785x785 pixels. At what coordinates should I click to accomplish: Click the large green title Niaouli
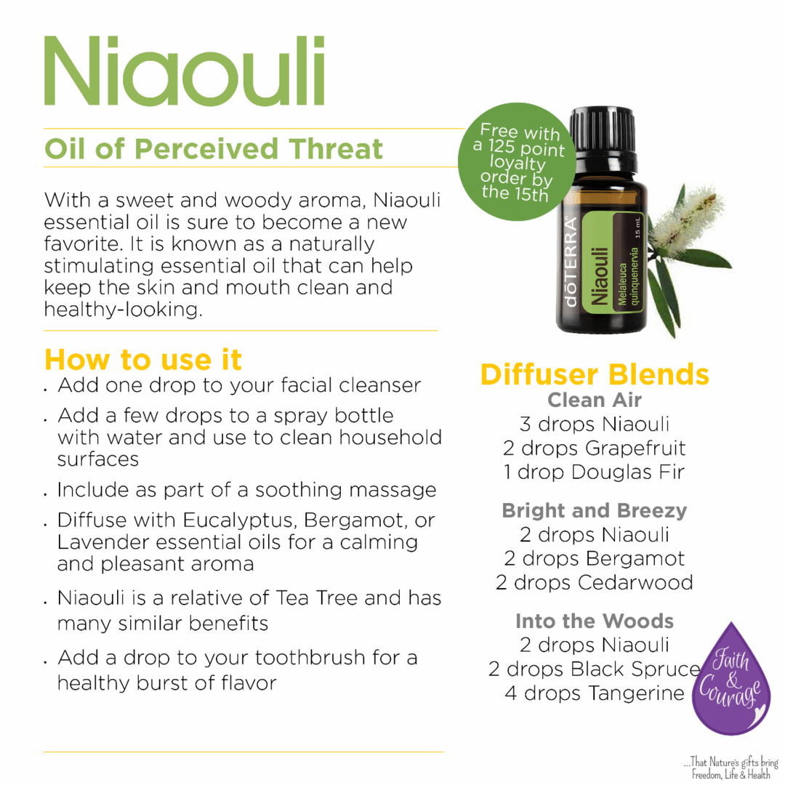pos(184,71)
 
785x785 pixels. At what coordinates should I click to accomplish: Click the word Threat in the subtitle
pos(335,149)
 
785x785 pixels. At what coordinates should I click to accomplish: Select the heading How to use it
pos(143,360)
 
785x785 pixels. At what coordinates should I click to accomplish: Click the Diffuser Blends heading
pos(595,374)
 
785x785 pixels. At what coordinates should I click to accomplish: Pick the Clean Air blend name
pos(595,400)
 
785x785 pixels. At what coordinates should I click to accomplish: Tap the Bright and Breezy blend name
pos(595,511)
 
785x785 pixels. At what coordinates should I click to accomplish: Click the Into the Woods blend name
pos(595,621)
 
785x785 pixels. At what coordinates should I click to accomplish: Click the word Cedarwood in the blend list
pos(635,583)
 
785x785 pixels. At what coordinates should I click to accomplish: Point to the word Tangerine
pos(636,694)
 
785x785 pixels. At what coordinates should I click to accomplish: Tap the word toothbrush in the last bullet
pos(310,658)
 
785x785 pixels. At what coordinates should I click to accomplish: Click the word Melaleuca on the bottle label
pos(623,284)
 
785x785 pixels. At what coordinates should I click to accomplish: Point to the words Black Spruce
pos(635,669)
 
